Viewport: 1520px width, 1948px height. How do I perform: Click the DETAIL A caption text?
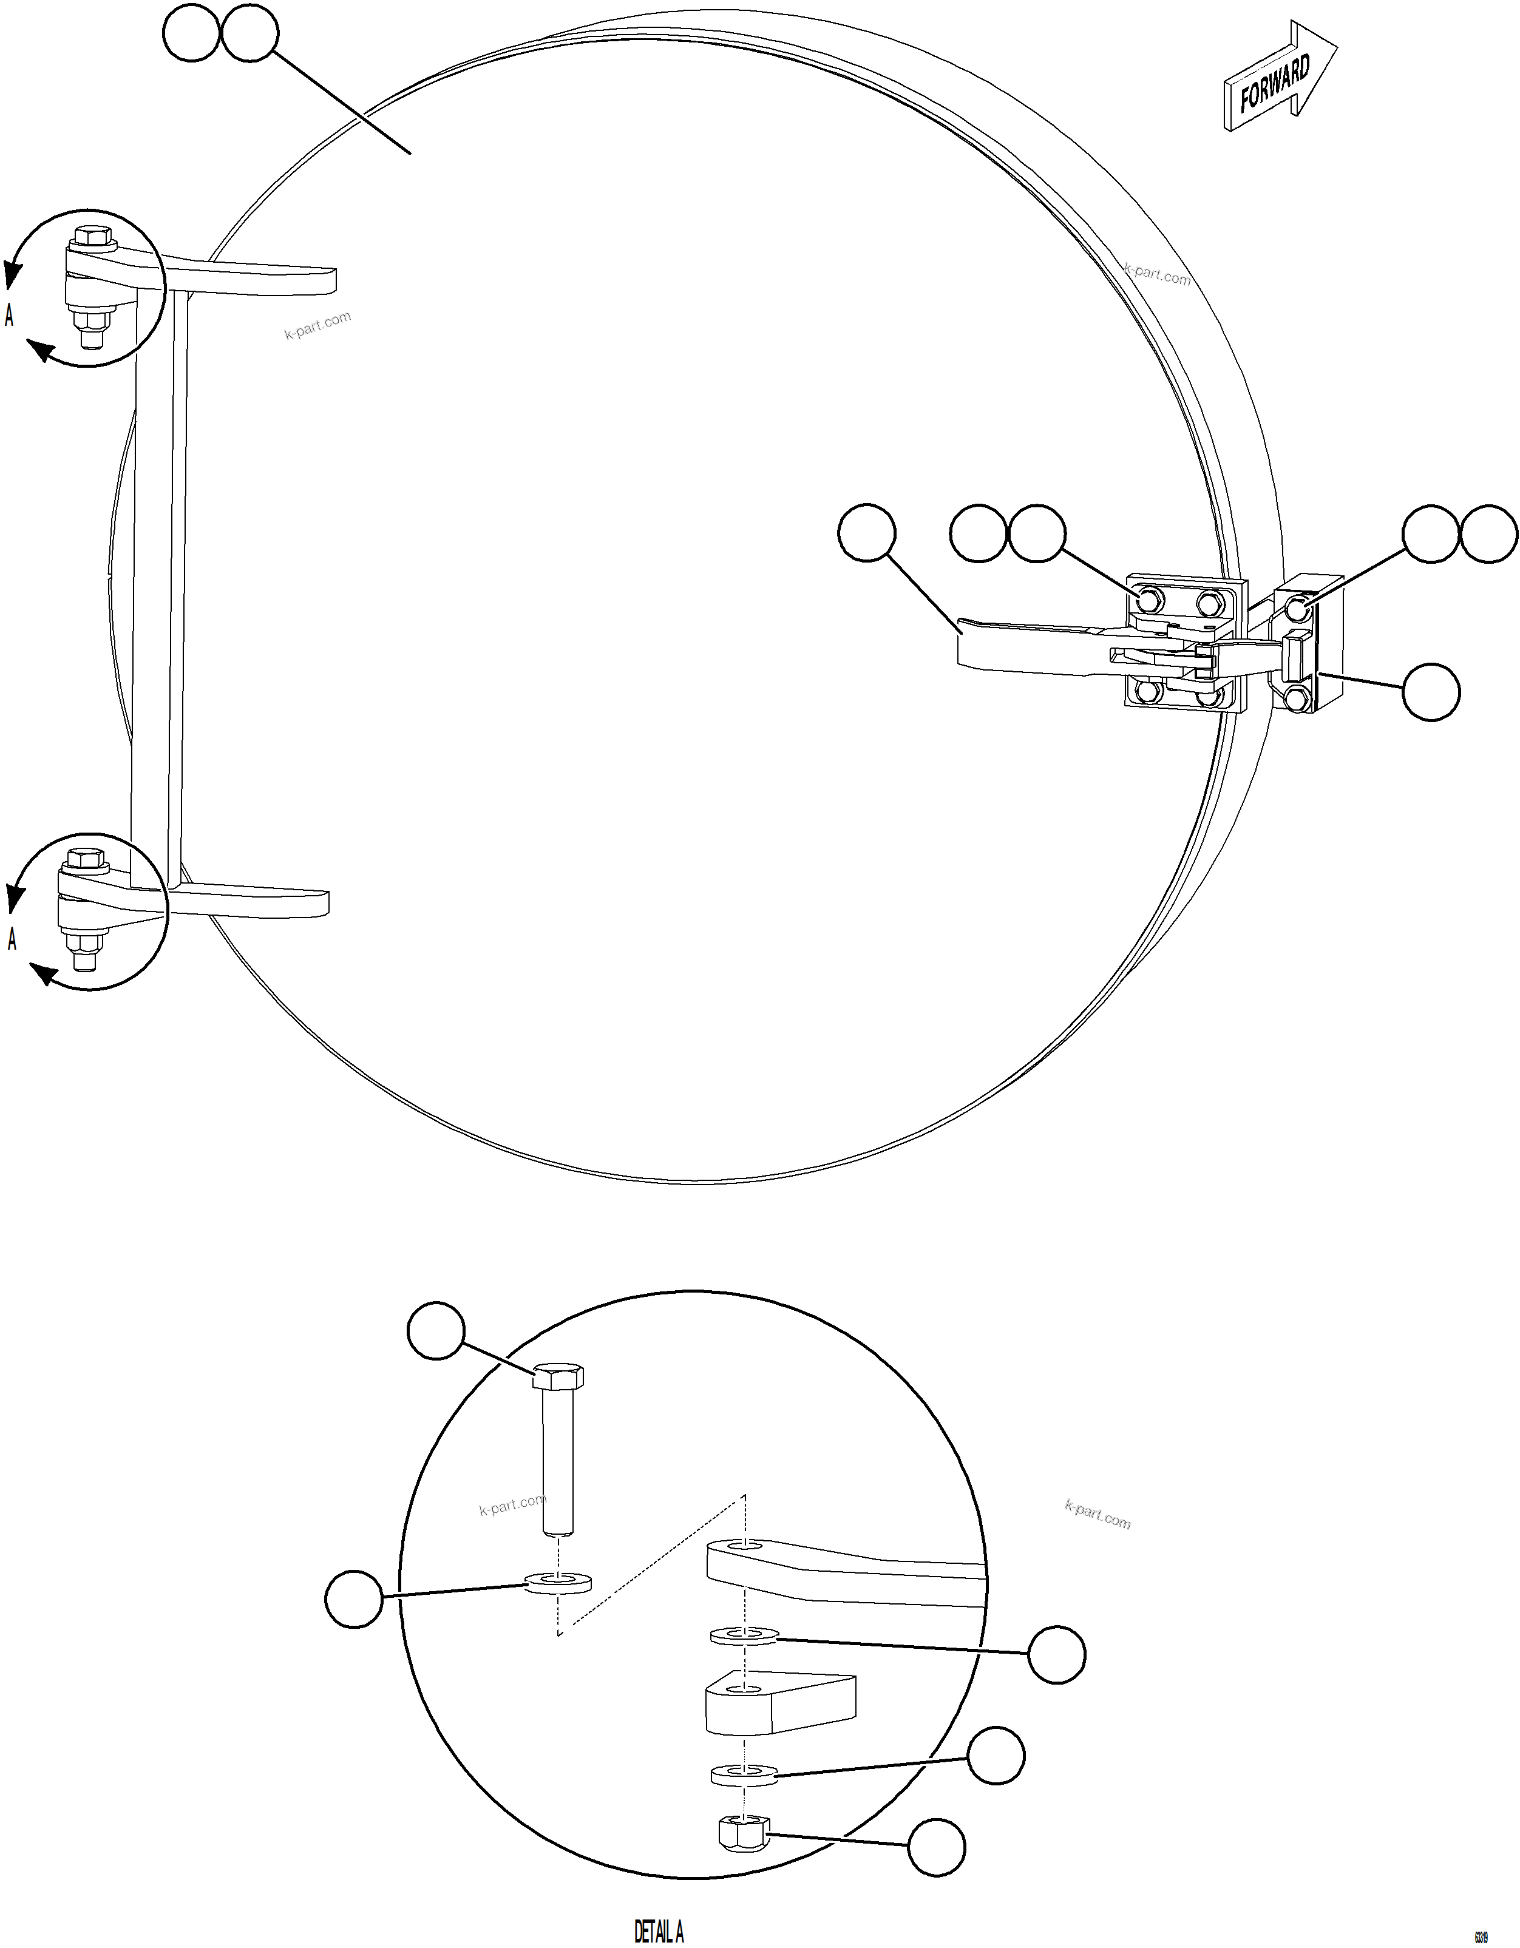(658, 1931)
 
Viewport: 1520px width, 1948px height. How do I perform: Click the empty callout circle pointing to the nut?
(935, 1847)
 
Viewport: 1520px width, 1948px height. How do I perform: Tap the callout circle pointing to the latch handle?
(866, 532)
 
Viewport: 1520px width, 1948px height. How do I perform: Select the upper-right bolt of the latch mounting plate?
(1208, 603)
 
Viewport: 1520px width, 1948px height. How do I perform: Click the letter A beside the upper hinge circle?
(10, 315)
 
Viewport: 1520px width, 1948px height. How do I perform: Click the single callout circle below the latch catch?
(1431, 691)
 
